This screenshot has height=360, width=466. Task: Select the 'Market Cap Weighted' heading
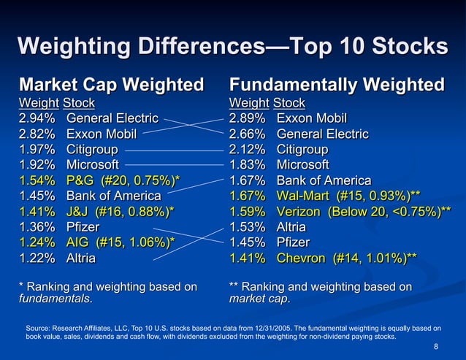111,85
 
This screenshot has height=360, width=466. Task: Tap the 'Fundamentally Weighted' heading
337,85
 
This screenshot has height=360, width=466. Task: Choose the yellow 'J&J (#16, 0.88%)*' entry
121,211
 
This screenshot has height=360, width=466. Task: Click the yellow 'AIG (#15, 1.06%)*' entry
121,242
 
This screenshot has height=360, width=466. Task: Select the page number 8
436,347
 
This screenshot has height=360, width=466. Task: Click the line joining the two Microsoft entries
172,165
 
